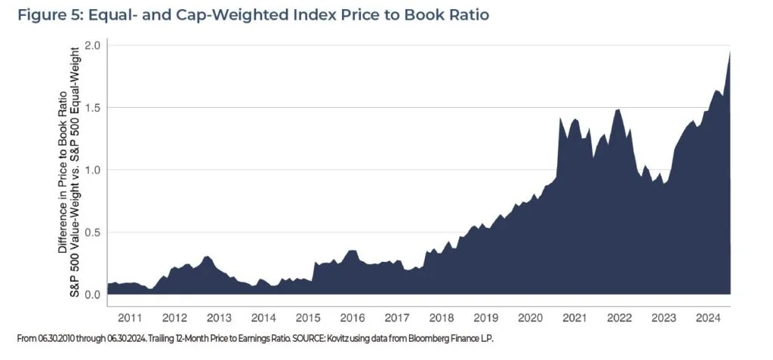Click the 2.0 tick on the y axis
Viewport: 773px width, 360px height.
[x=91, y=45]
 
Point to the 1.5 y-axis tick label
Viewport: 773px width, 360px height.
[x=91, y=108]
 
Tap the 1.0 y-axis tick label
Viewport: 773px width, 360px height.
[x=91, y=170]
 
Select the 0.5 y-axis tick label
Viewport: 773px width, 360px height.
[x=91, y=232]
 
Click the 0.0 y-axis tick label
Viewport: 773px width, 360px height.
[x=91, y=294]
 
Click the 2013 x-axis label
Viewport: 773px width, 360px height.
[x=219, y=317]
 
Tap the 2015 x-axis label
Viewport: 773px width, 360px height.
[x=308, y=317]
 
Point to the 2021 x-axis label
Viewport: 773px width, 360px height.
[x=575, y=317]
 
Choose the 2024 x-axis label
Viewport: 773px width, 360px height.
[x=709, y=317]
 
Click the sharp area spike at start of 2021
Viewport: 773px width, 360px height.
[x=560, y=118]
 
